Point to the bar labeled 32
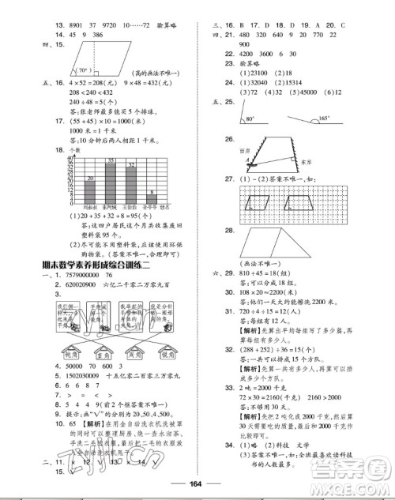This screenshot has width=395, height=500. click(132, 185)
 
